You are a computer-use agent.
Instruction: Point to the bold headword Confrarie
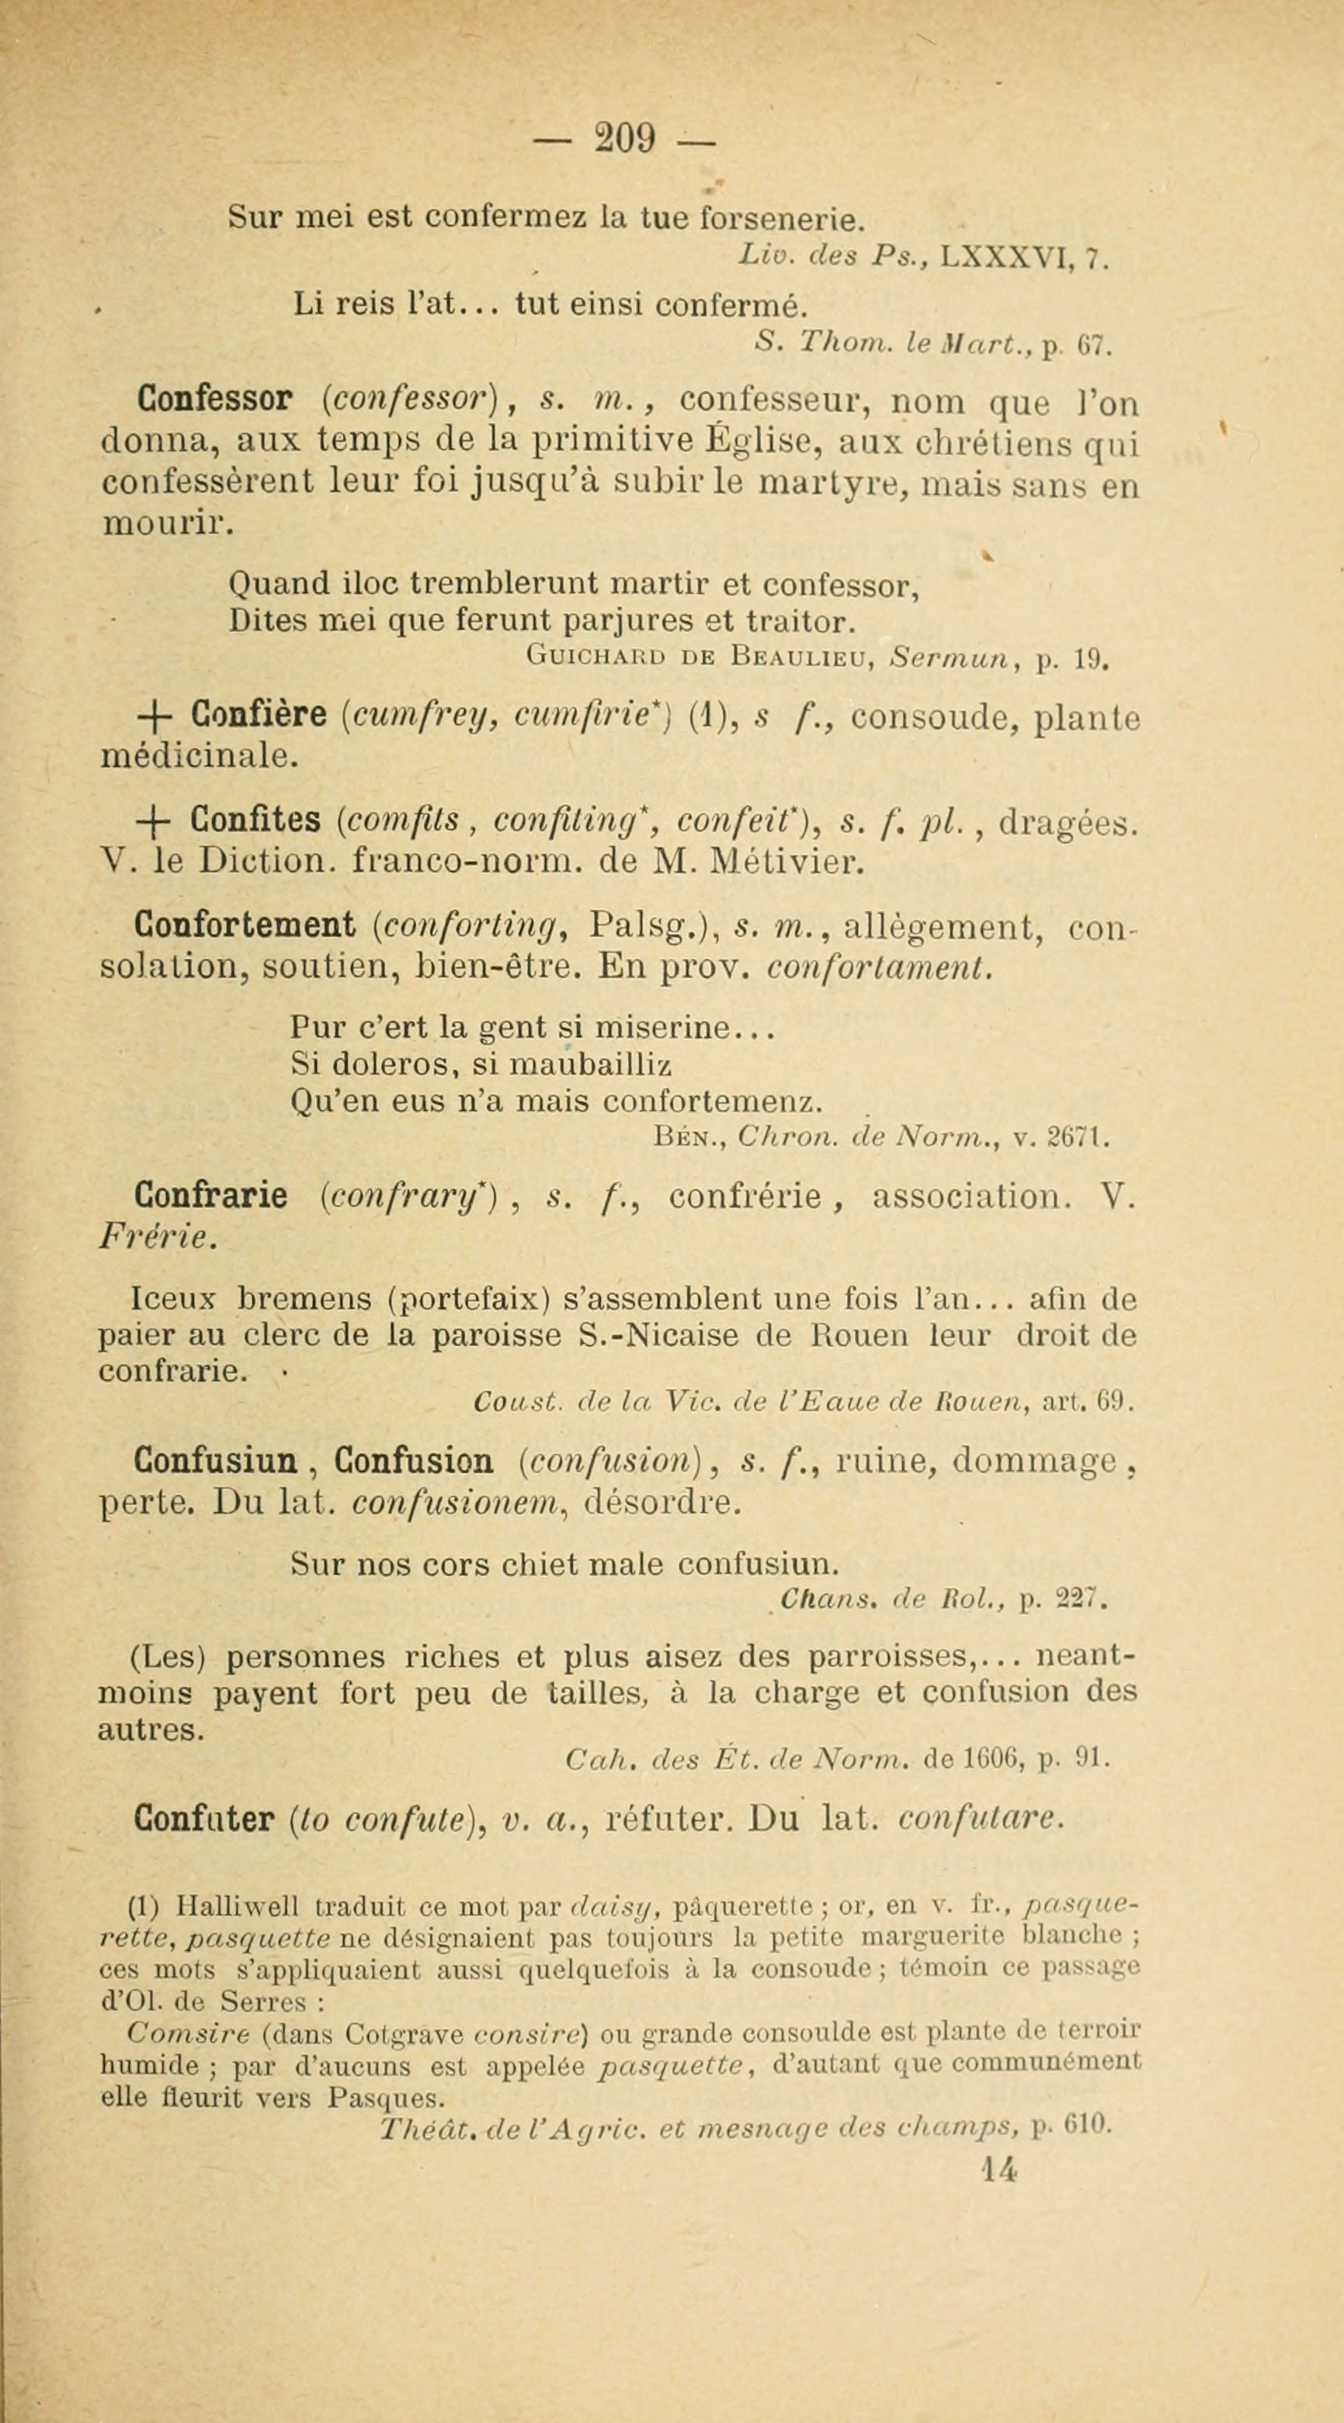click(210, 1196)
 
